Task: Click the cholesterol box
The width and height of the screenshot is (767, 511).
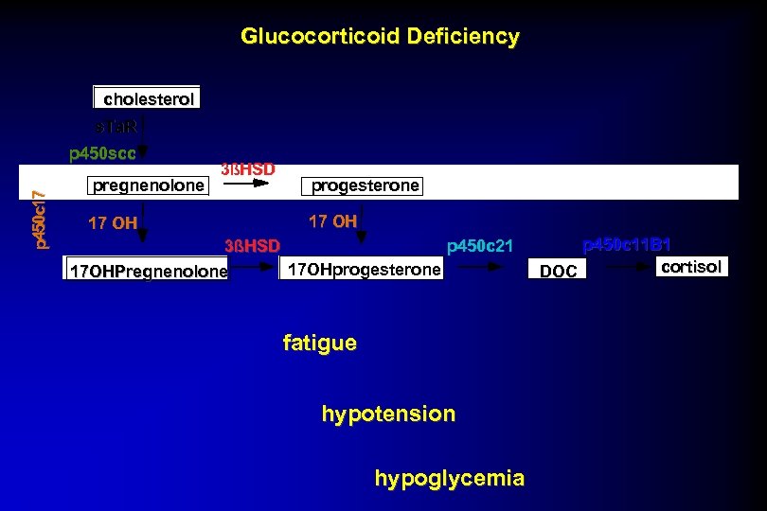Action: (x=147, y=98)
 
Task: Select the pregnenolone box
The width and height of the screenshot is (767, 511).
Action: (x=148, y=185)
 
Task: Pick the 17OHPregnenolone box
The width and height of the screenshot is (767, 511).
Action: (x=149, y=272)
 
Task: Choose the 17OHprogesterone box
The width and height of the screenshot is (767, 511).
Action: (x=365, y=270)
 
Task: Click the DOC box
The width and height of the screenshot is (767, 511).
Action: (x=558, y=272)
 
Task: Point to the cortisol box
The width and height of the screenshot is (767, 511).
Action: (x=691, y=267)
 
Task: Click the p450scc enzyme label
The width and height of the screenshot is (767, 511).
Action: (x=102, y=151)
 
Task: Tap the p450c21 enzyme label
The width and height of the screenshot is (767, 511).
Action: (x=479, y=247)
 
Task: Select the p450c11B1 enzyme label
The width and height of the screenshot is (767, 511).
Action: (x=626, y=245)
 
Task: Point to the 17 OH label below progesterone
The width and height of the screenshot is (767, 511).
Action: (x=332, y=221)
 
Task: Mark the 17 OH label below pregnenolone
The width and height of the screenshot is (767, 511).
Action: (x=113, y=223)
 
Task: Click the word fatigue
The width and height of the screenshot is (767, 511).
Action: (x=320, y=343)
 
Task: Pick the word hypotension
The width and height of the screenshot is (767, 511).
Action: (x=388, y=414)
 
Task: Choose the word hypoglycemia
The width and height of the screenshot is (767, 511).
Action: (x=449, y=478)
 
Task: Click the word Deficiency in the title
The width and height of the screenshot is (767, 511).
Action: (x=463, y=37)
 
